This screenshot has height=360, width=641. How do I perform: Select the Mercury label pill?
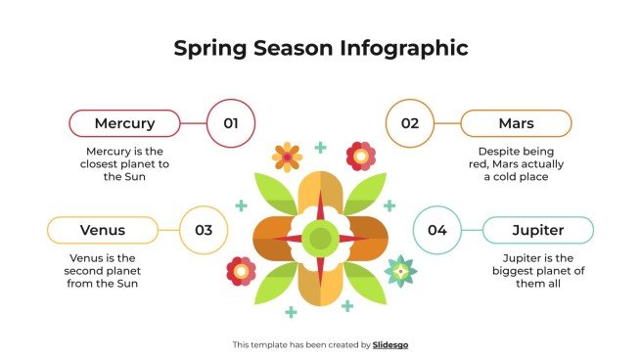(x=124, y=123)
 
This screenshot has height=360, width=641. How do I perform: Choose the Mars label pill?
(x=516, y=123)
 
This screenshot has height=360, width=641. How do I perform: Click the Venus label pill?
(x=102, y=230)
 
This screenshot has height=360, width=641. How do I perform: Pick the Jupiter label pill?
(x=538, y=230)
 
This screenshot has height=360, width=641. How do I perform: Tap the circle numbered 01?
(x=231, y=123)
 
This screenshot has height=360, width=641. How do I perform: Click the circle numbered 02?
(x=409, y=123)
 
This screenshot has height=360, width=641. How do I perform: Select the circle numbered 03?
(x=204, y=230)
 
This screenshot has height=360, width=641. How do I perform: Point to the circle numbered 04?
(x=436, y=230)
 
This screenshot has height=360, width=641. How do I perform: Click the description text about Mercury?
(x=127, y=164)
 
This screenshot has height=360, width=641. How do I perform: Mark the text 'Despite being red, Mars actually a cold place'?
(x=516, y=164)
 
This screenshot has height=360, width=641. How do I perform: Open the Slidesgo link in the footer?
(x=390, y=344)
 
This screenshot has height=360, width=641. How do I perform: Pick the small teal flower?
(x=399, y=269)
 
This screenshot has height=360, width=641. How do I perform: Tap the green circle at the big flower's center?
(x=320, y=238)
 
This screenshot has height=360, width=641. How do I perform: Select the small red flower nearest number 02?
(x=361, y=155)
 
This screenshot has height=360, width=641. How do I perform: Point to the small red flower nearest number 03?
(x=241, y=270)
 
